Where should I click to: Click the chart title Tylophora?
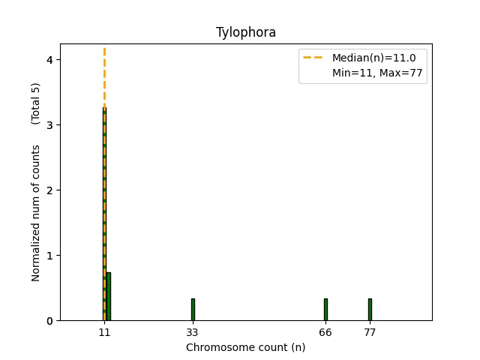pyautogui.click(x=246, y=32)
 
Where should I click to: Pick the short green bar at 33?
pyautogui.click(x=193, y=310)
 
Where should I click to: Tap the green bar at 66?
pyautogui.click(x=325, y=310)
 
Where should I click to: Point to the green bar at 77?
pyautogui.click(x=370, y=310)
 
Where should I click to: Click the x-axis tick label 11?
pyautogui.click(x=104, y=332)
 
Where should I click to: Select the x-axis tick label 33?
pyautogui.click(x=193, y=332)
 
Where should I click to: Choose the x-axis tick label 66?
pyautogui.click(x=325, y=332)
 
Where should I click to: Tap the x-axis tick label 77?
pyautogui.click(x=370, y=332)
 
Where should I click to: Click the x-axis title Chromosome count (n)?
pyautogui.click(x=246, y=348)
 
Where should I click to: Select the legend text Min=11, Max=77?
pyautogui.click(x=379, y=72)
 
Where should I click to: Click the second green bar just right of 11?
pyautogui.click(x=109, y=296)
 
